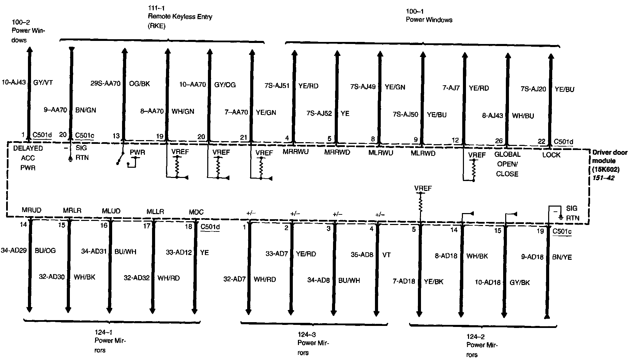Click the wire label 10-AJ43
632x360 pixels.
(x=14, y=82)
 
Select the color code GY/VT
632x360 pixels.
(x=43, y=82)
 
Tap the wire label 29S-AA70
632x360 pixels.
(x=105, y=84)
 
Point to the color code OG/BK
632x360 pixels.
(x=139, y=84)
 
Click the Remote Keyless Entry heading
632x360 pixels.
(x=180, y=17)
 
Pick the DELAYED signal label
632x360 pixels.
(x=28, y=148)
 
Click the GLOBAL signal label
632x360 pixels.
(x=507, y=154)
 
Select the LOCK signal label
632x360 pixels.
(x=551, y=155)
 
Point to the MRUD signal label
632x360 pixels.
(x=31, y=210)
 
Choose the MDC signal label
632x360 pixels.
(x=196, y=212)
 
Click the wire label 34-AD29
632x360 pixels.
(x=14, y=251)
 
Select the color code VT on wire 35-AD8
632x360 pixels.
(x=386, y=255)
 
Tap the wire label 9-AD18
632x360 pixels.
(x=532, y=257)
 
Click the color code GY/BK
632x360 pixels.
(x=520, y=282)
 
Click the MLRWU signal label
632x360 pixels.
(x=380, y=153)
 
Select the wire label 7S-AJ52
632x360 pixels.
(x=319, y=113)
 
